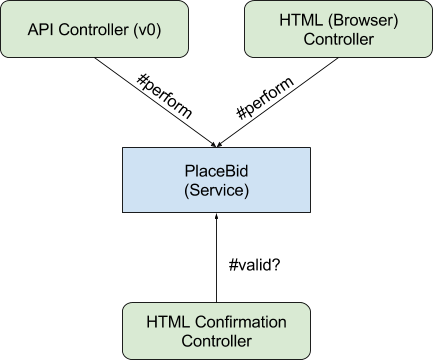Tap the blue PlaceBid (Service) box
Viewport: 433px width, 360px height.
coord(217,180)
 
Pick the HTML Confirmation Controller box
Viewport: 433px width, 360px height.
coord(216,330)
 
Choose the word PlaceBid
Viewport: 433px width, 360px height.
coord(217,170)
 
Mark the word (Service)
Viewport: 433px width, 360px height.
coord(217,190)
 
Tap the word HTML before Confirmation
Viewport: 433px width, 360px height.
coord(167,321)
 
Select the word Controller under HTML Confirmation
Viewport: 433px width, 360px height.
coord(216,341)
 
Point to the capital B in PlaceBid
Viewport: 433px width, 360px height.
coord(227,170)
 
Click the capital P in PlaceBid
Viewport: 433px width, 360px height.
coord(190,170)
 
